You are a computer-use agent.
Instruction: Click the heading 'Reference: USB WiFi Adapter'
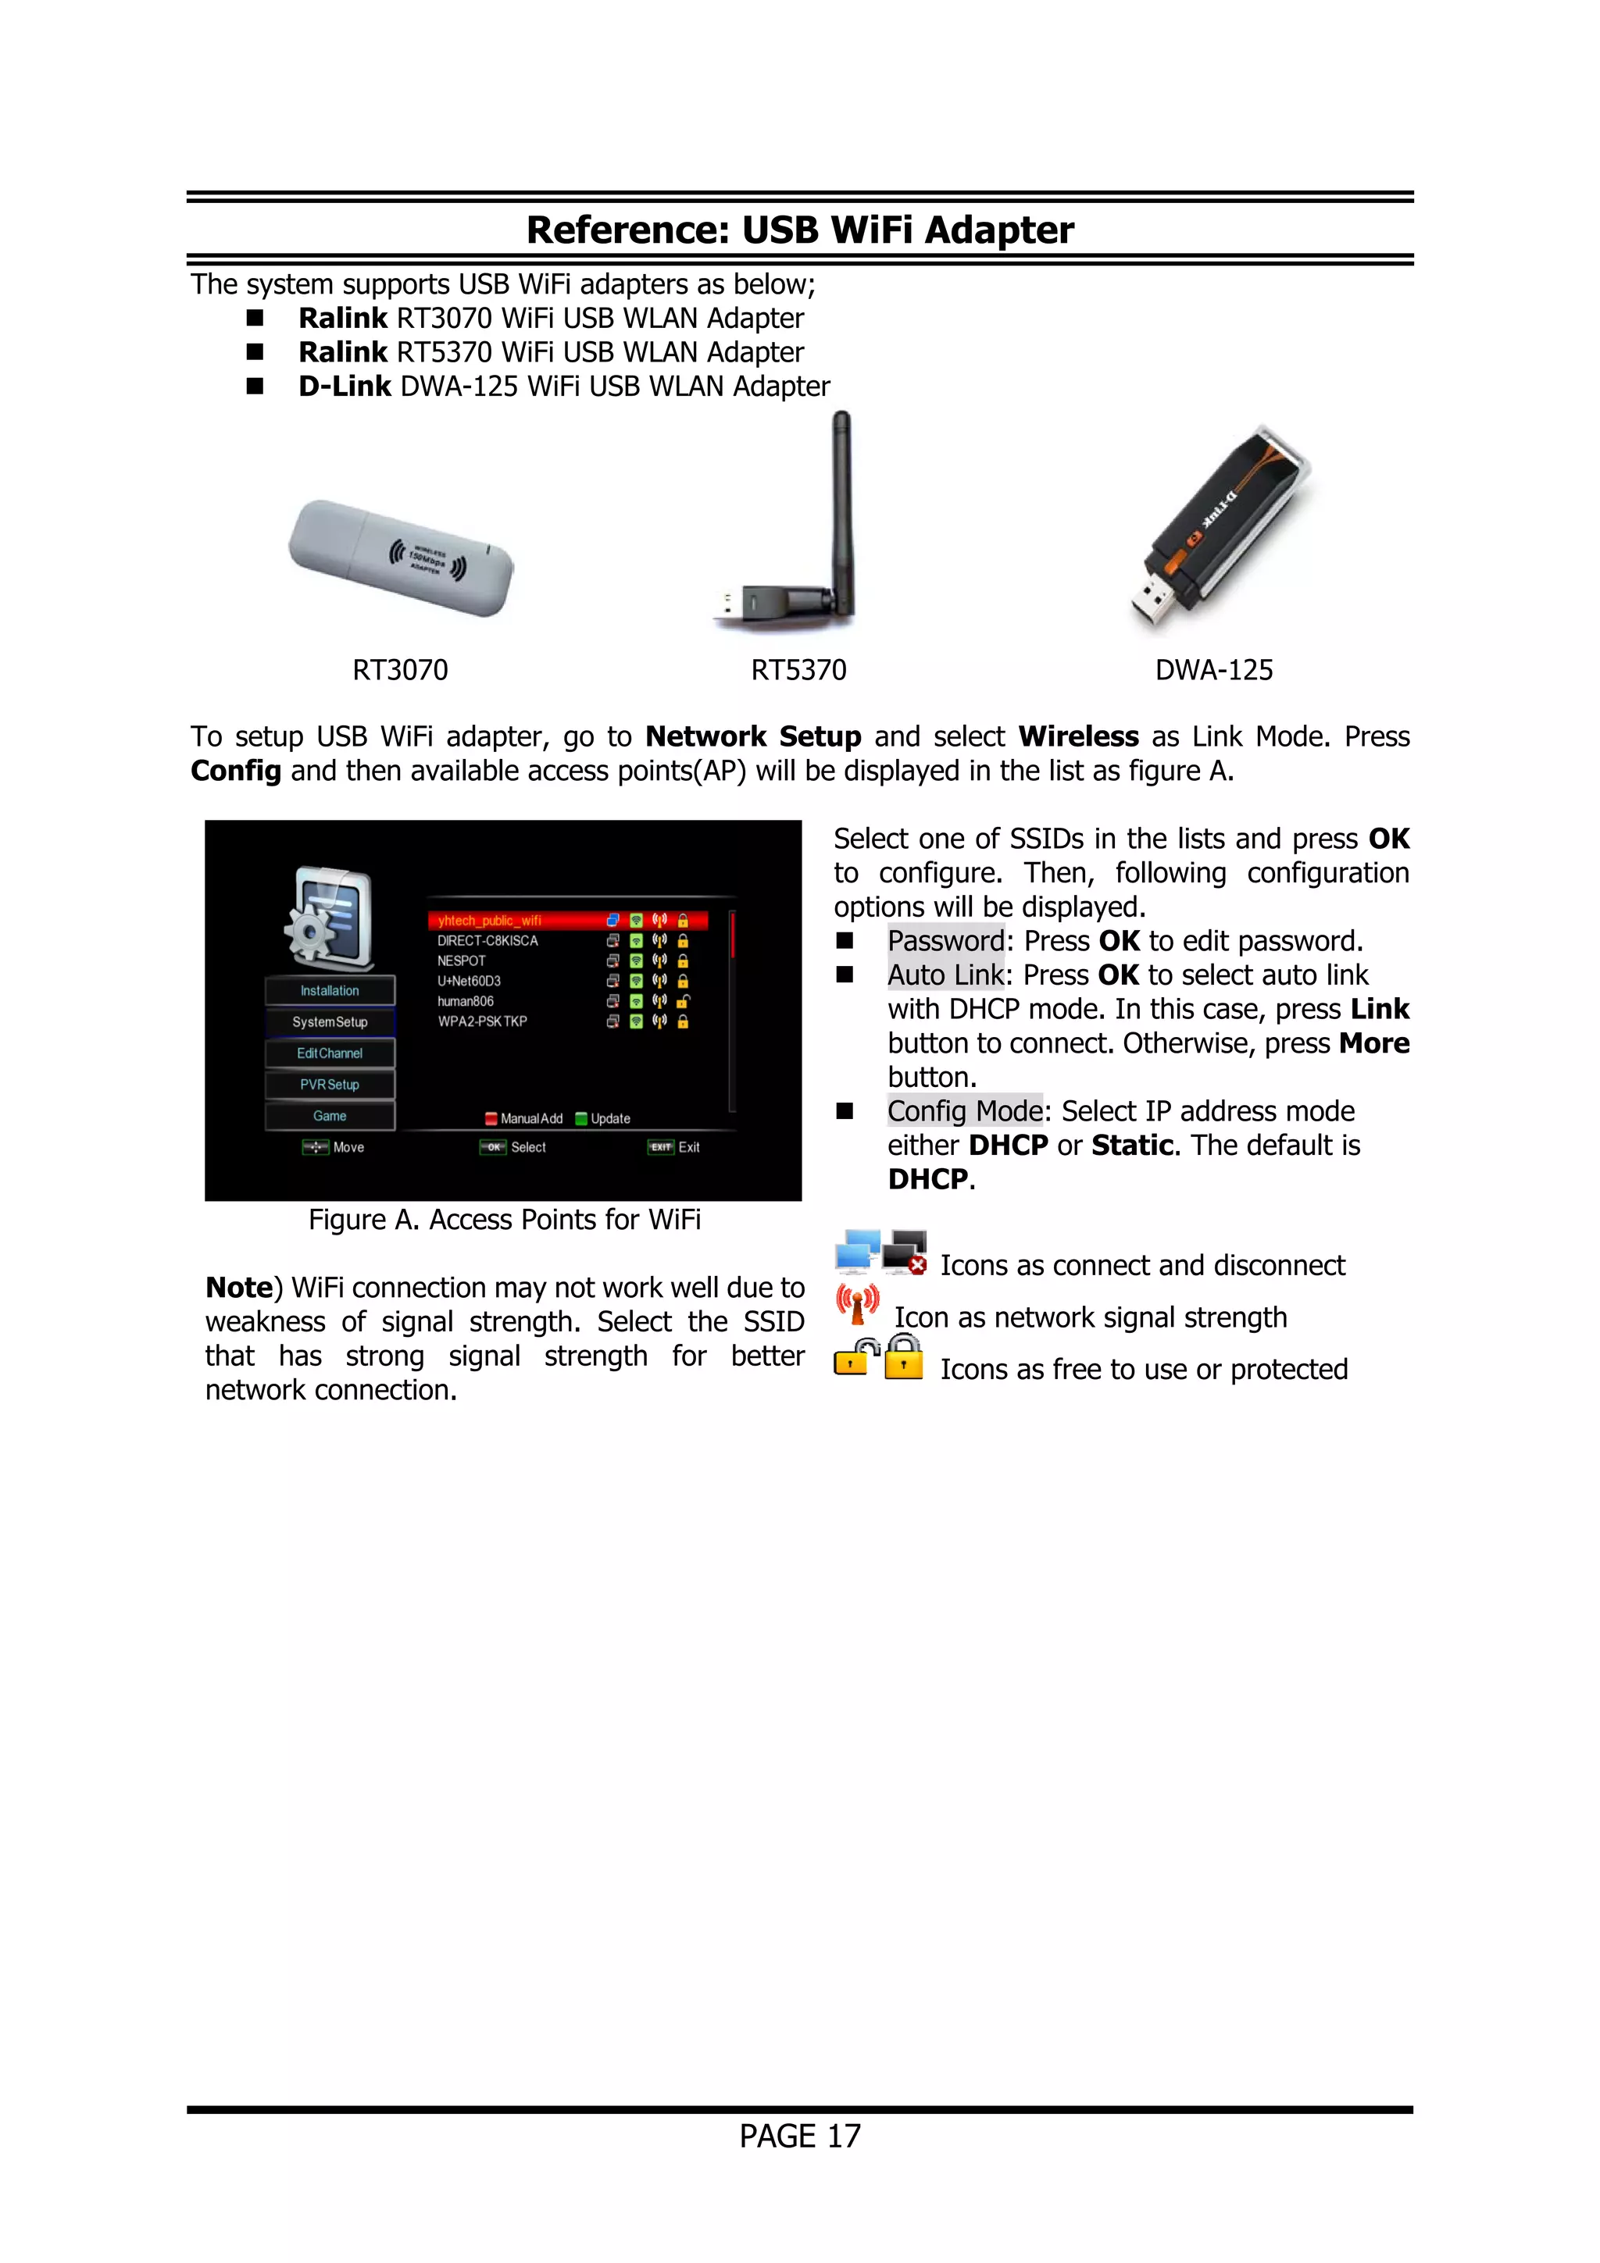(799, 230)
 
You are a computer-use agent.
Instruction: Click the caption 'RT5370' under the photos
(798, 670)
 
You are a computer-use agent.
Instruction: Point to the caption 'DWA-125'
(1213, 670)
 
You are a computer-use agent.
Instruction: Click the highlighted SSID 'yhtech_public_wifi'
(490, 921)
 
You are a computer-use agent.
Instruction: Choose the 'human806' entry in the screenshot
(466, 1001)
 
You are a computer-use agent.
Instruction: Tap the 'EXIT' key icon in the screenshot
(660, 1147)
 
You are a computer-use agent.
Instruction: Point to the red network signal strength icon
(857, 1304)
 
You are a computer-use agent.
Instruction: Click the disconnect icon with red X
(905, 1251)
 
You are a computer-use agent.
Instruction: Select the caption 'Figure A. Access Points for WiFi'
(504, 1221)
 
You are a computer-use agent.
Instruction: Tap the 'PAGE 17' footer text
(799, 2136)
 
